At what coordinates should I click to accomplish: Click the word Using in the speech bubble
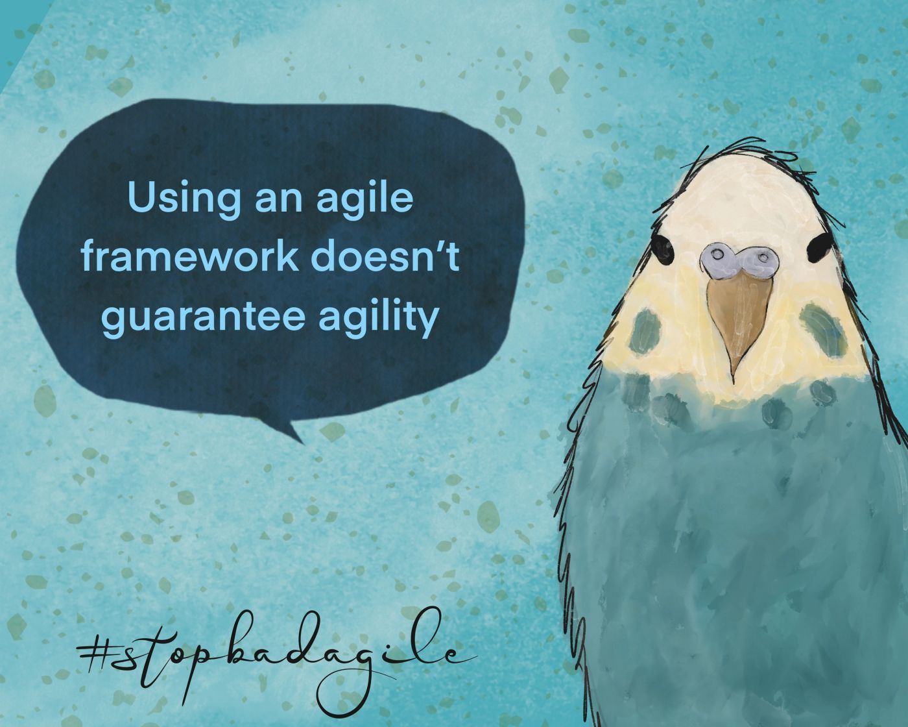(185, 200)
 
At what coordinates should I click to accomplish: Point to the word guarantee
(203, 319)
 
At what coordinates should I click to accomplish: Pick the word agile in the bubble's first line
(364, 200)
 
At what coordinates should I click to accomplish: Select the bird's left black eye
(662, 250)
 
